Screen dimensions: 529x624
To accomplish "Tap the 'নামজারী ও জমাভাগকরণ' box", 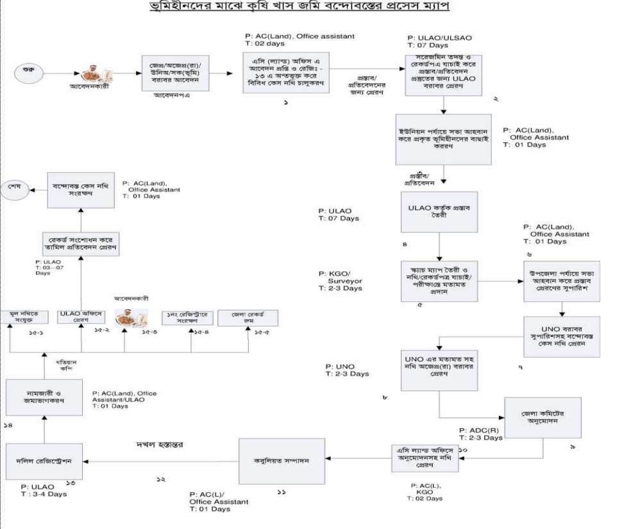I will pos(44,399).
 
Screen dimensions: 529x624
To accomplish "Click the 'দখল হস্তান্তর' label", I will pos(156,444).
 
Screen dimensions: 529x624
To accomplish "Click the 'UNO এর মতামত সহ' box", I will pos(439,369).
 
